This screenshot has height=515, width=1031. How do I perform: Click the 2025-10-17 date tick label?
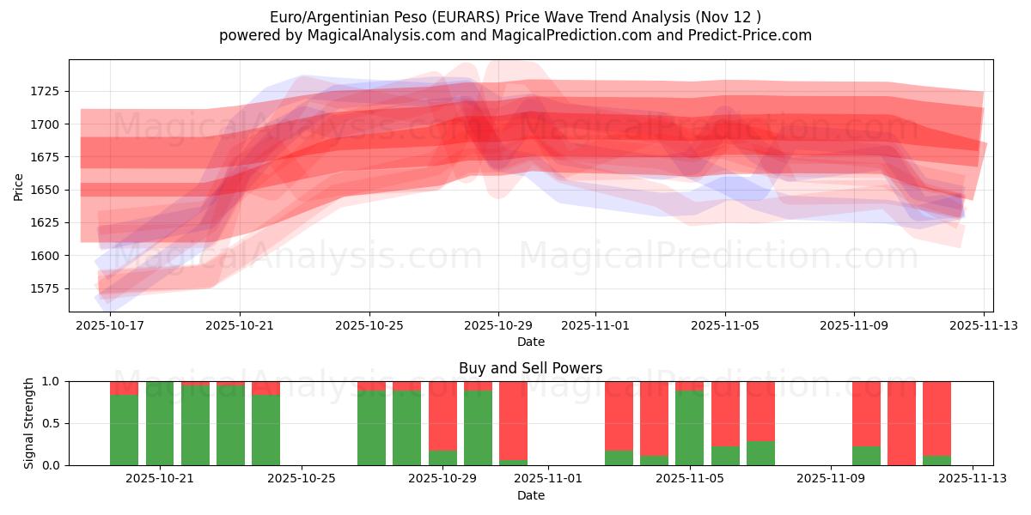click(x=110, y=325)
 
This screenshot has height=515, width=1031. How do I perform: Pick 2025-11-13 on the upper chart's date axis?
click(x=984, y=325)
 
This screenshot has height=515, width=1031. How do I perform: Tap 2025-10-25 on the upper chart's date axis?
click(x=369, y=325)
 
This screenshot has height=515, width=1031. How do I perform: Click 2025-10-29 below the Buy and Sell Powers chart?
click(x=442, y=478)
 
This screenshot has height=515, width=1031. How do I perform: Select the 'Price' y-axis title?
click(x=19, y=186)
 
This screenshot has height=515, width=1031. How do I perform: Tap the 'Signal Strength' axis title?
click(x=29, y=423)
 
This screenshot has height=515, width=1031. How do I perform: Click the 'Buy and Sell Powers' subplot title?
click(x=530, y=368)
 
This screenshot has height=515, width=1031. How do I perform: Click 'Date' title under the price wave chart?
click(x=530, y=342)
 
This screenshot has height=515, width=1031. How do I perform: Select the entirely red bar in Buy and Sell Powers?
click(x=901, y=423)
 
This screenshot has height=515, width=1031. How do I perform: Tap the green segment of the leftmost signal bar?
click(x=124, y=429)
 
